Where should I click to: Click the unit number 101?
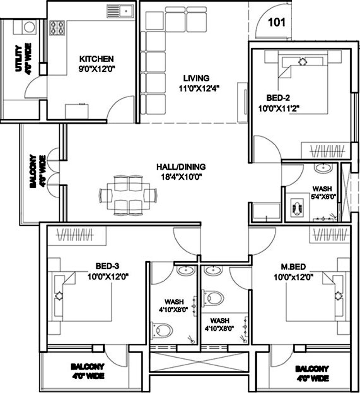tap(277, 22)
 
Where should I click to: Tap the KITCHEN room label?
tap(96, 59)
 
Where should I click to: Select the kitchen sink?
tap(120, 12)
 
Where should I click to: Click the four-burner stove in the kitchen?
tap(58, 28)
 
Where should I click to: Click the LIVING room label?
tap(196, 78)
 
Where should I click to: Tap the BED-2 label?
tap(278, 98)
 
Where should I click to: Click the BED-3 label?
tap(107, 267)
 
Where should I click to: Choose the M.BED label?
tap(293, 267)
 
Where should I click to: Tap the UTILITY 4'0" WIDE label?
tap(23, 58)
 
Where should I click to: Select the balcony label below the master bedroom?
tap(312, 373)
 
